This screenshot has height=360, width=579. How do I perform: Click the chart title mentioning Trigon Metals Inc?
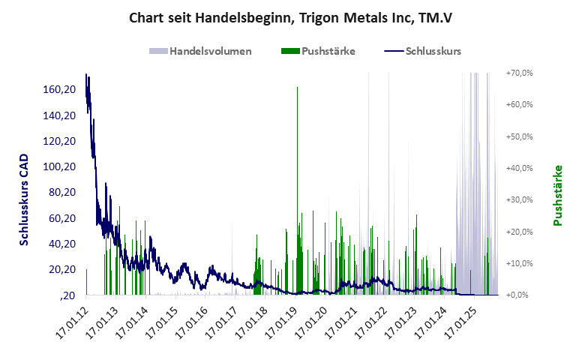tap(289, 16)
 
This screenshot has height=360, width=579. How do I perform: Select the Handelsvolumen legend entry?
tap(200, 52)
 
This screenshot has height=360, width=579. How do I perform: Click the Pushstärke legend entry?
tap(317, 52)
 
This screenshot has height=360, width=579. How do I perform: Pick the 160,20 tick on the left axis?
tap(59, 90)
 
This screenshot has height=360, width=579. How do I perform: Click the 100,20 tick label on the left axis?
tap(59, 166)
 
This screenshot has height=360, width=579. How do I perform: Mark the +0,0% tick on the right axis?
tap(520, 295)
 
